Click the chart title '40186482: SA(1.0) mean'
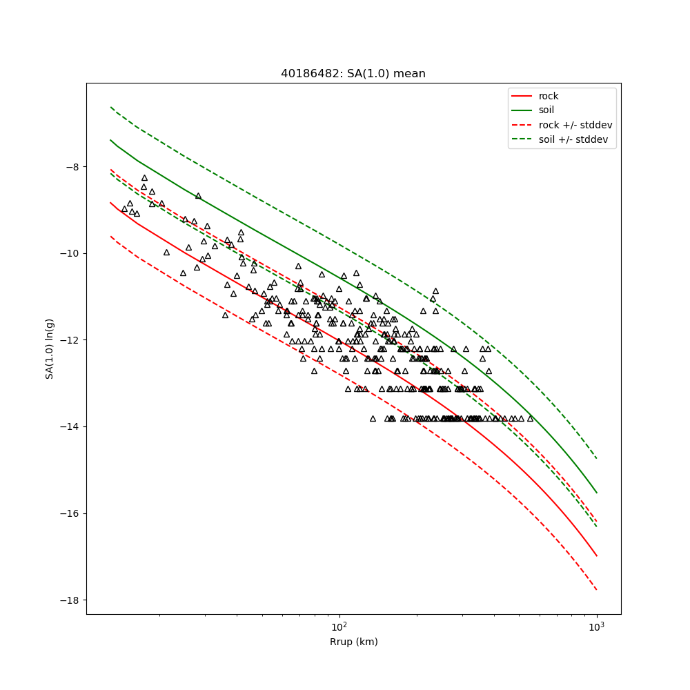coord(353,74)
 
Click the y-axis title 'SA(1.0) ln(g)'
coord(50,348)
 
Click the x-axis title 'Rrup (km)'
coord(353,642)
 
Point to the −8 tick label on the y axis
coord(71,167)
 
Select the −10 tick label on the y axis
coord(69,254)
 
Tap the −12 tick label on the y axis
coord(69,340)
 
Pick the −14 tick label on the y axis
coord(69,427)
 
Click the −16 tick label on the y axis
coord(69,514)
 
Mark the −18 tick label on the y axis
coord(69,600)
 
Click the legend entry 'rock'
coord(549,96)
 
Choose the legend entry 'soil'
coord(546,110)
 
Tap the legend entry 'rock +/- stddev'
coord(575,125)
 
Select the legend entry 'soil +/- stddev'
coord(575,139)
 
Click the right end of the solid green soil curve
coord(597,493)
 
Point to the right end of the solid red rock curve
coord(597,556)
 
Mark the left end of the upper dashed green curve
coord(110,107)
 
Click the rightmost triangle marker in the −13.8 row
coord(530,418)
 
